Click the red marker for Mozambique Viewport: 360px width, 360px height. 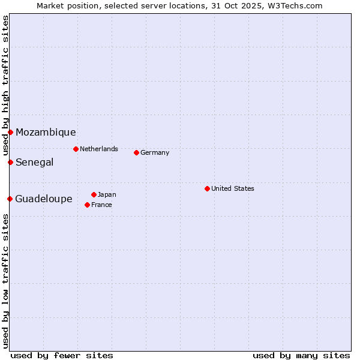point(10,132)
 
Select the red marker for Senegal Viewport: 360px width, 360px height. point(10,162)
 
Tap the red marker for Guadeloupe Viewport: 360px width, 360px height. point(10,199)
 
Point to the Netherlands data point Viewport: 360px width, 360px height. point(76,149)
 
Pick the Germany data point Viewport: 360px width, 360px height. point(136,152)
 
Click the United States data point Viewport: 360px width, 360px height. point(207,188)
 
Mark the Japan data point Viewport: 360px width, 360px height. point(94,194)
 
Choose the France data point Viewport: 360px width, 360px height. point(87,205)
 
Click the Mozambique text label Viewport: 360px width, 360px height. point(46,133)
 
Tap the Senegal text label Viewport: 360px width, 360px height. point(34,163)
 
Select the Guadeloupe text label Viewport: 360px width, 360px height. point(44,199)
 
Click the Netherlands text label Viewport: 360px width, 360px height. point(99,149)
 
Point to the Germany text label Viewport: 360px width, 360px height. point(155,152)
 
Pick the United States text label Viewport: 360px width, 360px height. point(233,188)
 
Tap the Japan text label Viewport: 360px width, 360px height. point(107,194)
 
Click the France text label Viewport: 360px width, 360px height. point(101,205)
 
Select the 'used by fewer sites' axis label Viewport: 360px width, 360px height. point(62,355)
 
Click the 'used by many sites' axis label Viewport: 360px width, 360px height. point(301,355)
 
